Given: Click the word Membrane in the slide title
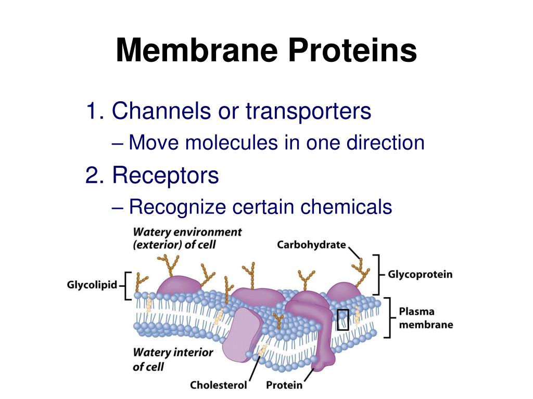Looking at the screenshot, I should (x=196, y=51).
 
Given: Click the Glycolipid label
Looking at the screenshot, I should (x=92, y=285).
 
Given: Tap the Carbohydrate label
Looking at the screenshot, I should (x=311, y=244).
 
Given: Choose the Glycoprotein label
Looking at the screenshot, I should (x=420, y=274).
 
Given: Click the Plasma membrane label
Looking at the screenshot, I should (x=425, y=318).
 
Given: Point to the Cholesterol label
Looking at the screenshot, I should (x=218, y=385).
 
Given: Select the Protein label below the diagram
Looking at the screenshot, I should (x=284, y=385).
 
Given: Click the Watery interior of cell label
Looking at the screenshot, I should (x=173, y=359).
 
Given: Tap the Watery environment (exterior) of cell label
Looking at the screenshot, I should (x=187, y=238).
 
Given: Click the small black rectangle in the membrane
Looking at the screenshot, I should (x=342, y=320).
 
